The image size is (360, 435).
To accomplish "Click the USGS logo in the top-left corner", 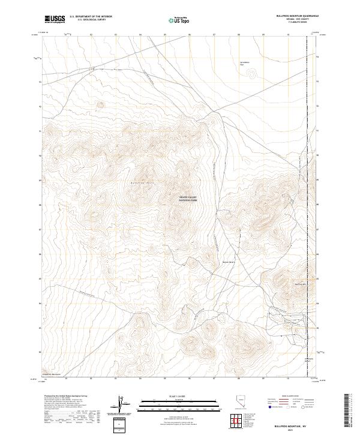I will click(x=55, y=19).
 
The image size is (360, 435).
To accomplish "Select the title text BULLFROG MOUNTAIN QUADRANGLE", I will click(x=297, y=16).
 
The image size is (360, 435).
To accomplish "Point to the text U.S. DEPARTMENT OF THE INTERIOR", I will click(x=91, y=17).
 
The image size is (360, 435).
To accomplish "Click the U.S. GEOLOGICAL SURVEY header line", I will click(x=91, y=20).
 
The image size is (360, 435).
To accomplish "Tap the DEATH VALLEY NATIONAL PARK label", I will click(x=188, y=199).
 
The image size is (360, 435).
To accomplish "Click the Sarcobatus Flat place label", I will click(x=244, y=64).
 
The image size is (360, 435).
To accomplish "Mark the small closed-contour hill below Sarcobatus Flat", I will click(x=250, y=75).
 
